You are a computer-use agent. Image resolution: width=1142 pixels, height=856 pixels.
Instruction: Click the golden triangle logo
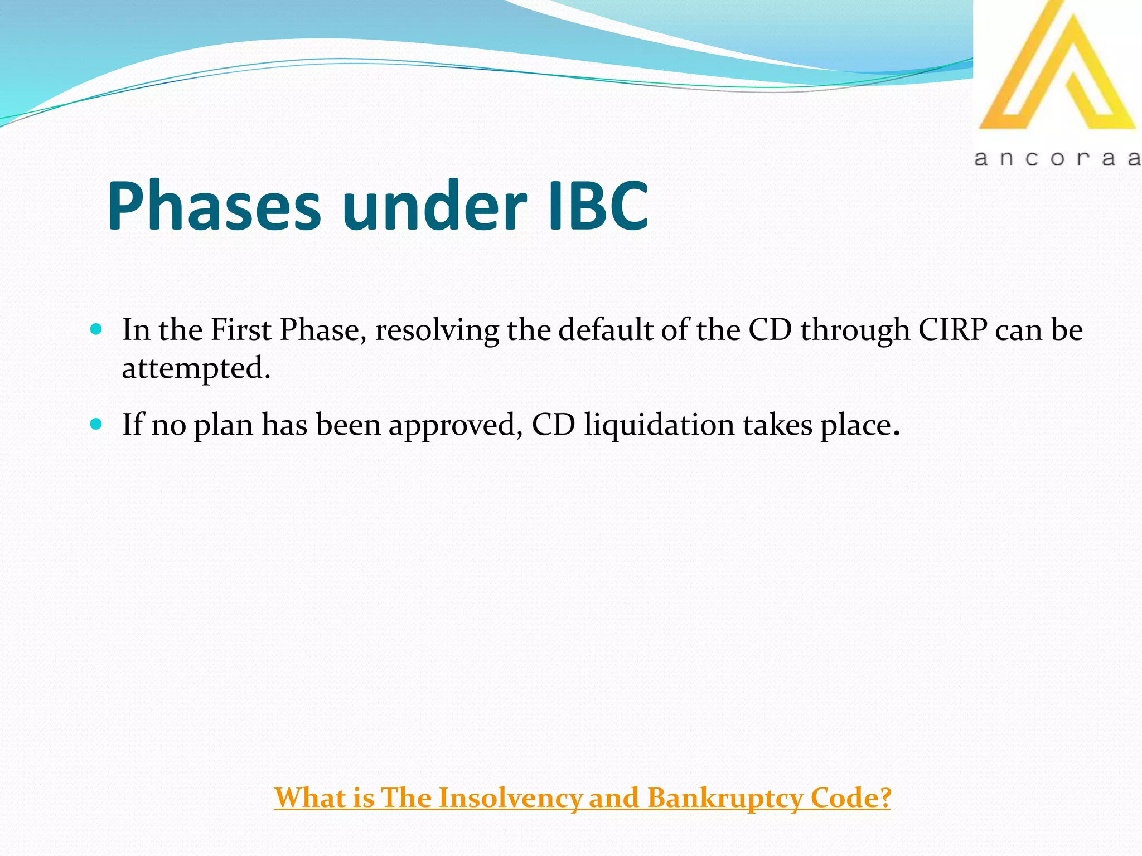click(x=1057, y=70)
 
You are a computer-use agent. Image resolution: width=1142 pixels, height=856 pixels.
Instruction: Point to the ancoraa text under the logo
click(x=1057, y=158)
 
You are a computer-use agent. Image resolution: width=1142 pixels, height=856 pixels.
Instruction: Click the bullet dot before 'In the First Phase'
click(x=96, y=329)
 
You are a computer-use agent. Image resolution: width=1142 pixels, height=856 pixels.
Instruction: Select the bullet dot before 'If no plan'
click(x=96, y=425)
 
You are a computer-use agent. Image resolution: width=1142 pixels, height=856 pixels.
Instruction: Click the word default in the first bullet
click(x=606, y=329)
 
